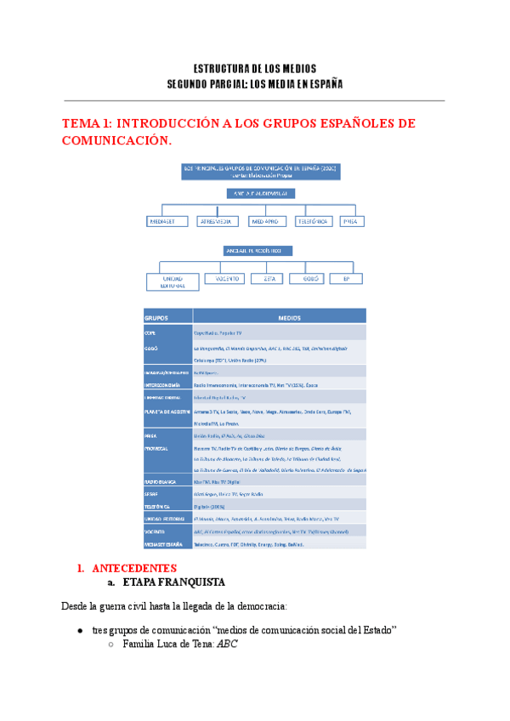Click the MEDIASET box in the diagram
pos(167,221)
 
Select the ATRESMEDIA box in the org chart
pos(217,221)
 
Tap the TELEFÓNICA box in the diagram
pos(313,221)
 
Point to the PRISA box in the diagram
pos(351,221)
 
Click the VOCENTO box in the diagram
pos(225,277)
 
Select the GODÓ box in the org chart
pos(307,277)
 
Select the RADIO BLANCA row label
pos(161,482)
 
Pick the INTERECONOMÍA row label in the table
pos(163,384)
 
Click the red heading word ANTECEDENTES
pos(133,567)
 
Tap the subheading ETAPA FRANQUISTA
pos(174,583)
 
